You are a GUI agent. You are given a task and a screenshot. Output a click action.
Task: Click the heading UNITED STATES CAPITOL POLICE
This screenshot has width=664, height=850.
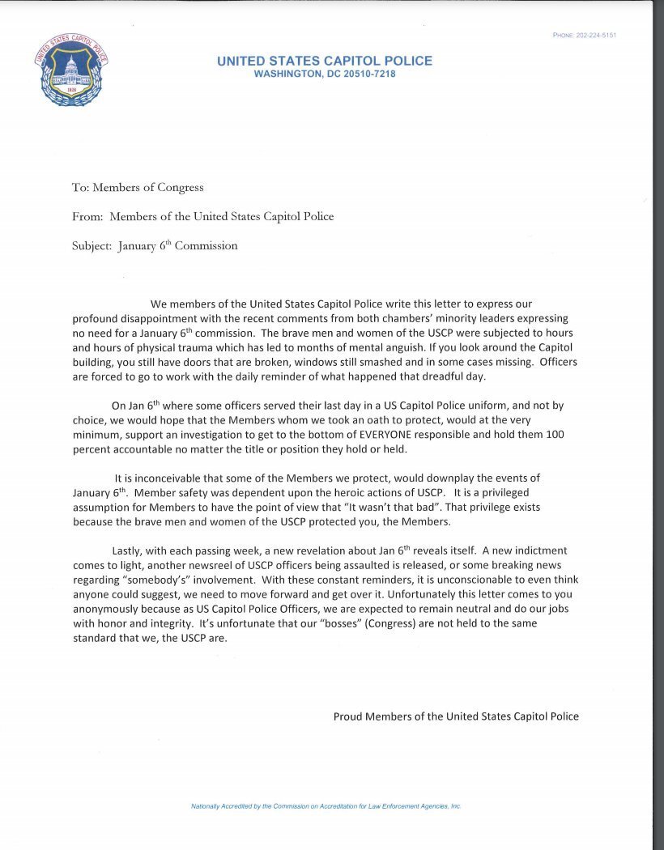[x=325, y=61]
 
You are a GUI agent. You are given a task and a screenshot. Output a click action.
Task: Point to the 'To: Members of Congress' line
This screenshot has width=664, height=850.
[x=138, y=188]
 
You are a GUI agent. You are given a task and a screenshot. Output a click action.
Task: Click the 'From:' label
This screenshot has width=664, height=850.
[x=87, y=216]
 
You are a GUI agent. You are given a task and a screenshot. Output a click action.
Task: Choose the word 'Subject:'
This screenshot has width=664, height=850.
[x=92, y=246]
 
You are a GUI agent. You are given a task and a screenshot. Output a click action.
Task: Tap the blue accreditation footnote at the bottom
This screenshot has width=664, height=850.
[x=326, y=807]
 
